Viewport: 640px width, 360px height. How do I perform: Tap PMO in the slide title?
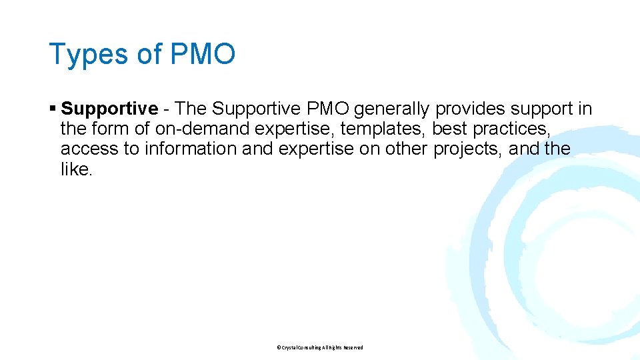pyautogui.click(x=203, y=54)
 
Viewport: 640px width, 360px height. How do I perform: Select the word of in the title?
pyautogui.click(x=149, y=54)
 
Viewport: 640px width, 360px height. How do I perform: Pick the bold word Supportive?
pyautogui.click(x=109, y=109)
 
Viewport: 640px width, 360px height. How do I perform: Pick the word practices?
pyautogui.click(x=513, y=129)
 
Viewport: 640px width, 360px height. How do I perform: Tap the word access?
pyautogui.click(x=89, y=149)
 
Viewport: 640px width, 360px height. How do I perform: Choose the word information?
pyautogui.click(x=190, y=149)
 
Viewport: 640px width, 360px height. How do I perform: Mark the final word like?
pyautogui.click(x=75, y=169)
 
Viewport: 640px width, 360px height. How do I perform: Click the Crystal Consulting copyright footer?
pyautogui.click(x=319, y=347)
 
